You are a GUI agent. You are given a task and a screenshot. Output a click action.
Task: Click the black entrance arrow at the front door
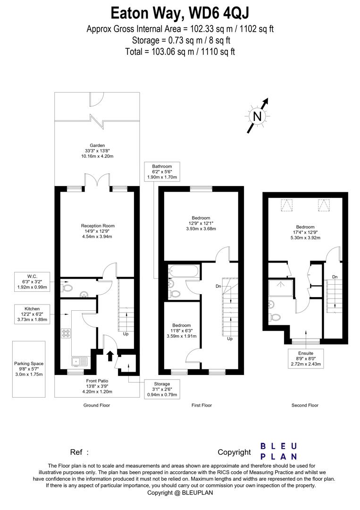(x=110, y=356)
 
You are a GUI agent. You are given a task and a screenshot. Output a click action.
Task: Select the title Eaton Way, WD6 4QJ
(x=180, y=12)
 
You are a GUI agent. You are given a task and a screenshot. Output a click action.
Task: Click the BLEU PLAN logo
(x=279, y=451)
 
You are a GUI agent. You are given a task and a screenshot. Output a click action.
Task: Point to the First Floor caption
(x=201, y=405)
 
